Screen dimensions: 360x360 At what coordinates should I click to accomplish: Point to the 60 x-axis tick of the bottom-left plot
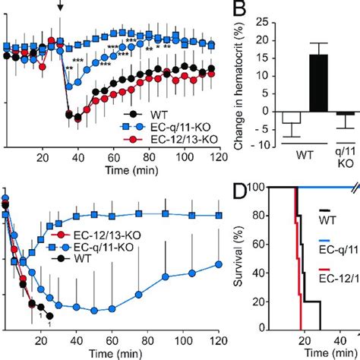pyautogui.click(x=112, y=343)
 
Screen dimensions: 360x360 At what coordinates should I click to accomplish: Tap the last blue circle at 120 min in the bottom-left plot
pyautogui.click(x=219, y=285)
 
